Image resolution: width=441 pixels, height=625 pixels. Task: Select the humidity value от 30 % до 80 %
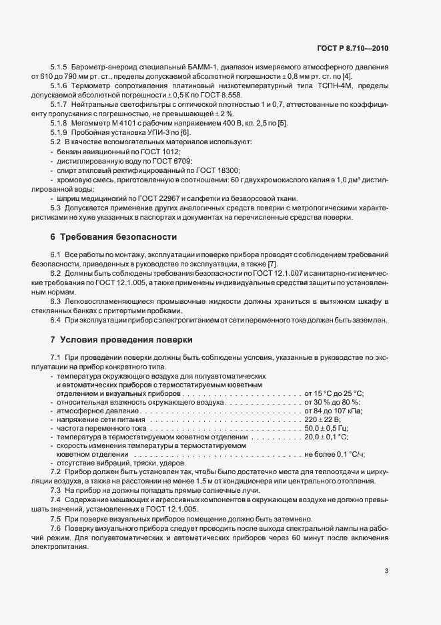click(x=332, y=402)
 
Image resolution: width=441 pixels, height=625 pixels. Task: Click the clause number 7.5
click(x=56, y=519)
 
